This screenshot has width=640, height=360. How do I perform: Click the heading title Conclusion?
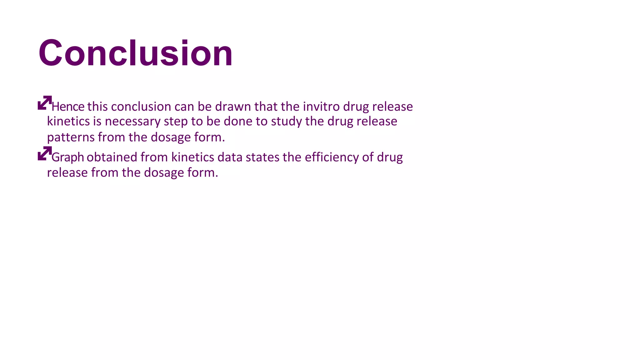(x=135, y=53)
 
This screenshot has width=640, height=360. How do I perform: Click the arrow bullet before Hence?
(x=44, y=103)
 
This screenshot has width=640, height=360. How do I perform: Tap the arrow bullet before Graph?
(x=44, y=153)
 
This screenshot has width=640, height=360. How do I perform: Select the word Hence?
(x=68, y=107)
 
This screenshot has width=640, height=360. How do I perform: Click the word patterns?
(x=71, y=137)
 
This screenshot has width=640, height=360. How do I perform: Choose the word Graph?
(x=68, y=157)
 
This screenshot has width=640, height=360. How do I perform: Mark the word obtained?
(x=112, y=157)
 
